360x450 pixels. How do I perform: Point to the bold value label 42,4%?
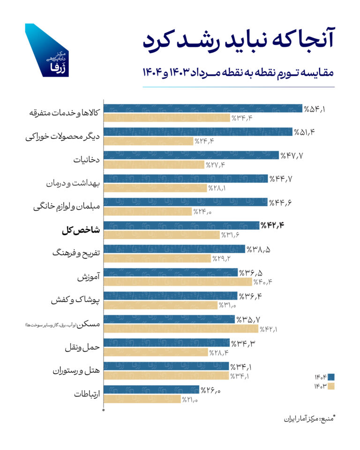(272, 225)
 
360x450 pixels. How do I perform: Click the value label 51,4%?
(304, 132)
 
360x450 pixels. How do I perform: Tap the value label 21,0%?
(191, 399)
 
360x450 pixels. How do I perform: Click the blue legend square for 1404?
(331, 377)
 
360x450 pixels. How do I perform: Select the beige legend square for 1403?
(331, 386)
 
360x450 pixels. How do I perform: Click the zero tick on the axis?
(104, 410)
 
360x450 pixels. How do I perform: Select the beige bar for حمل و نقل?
(155, 352)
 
